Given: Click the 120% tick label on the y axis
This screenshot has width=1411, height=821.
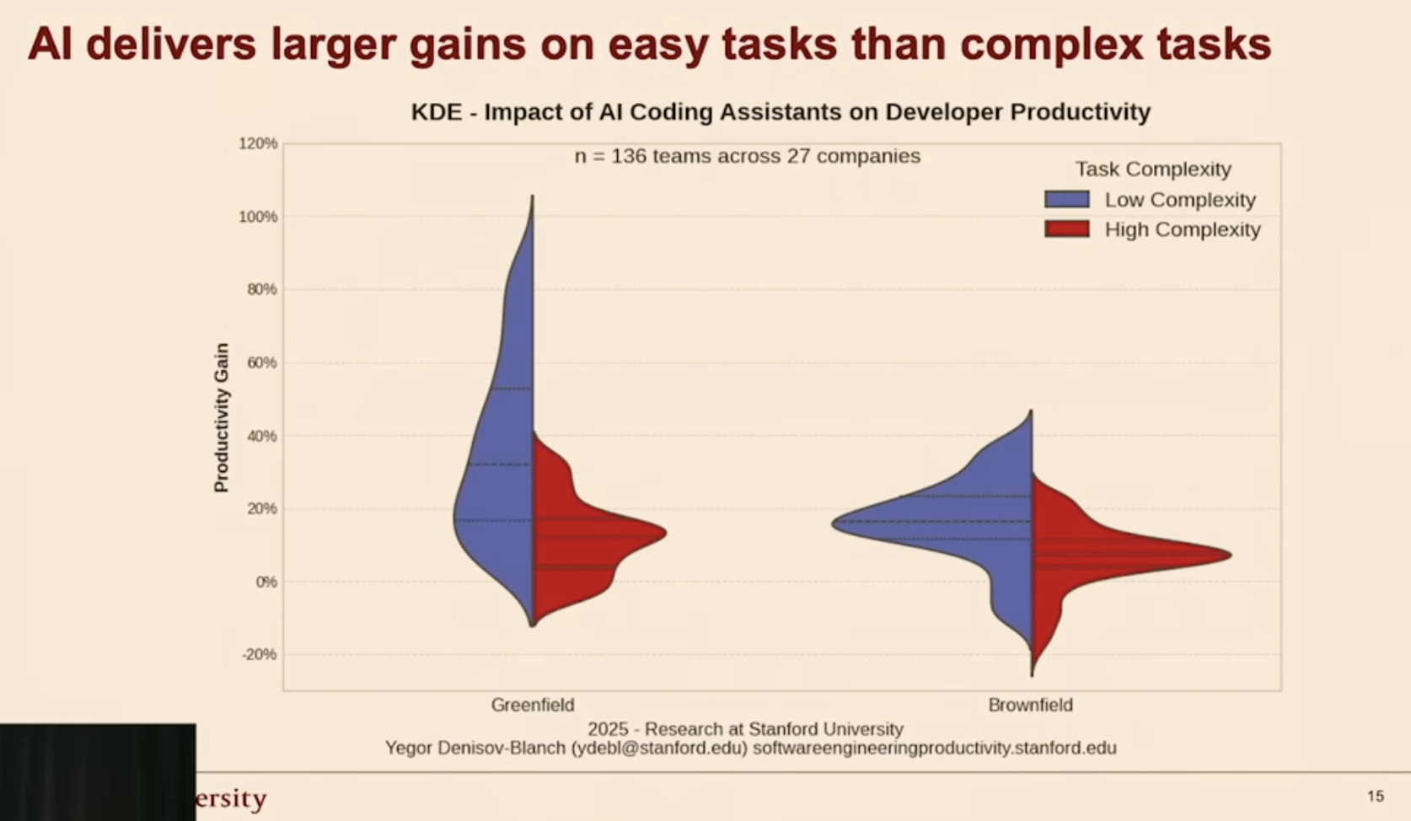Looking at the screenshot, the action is [258, 143].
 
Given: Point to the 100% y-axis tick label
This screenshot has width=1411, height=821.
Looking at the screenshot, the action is [258, 217].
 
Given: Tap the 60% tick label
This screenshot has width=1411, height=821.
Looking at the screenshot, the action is [261, 362].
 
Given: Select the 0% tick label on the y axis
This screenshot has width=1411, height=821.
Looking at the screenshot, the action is [266, 582].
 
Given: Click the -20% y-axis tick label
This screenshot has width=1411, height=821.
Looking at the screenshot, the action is [260, 655].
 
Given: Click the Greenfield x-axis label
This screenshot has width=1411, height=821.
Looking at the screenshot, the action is [532, 705].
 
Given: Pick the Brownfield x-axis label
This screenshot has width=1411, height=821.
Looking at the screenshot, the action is [1031, 705].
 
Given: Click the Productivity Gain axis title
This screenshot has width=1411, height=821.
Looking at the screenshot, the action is [221, 418].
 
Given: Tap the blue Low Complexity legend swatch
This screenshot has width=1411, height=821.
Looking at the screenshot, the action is [1067, 200].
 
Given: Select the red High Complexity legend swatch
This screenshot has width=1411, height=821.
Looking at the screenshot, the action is [1067, 228].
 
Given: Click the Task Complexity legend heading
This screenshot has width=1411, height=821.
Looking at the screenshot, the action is [1153, 169].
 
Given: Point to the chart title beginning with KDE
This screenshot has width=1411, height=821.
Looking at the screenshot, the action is [781, 112].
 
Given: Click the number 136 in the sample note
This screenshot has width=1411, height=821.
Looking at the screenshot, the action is [629, 156].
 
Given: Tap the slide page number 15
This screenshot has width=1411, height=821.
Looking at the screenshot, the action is [1376, 797].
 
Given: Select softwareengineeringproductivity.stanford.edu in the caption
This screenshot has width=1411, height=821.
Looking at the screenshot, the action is [935, 749].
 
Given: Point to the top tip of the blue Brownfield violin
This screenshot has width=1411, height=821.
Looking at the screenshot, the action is [1031, 410].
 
